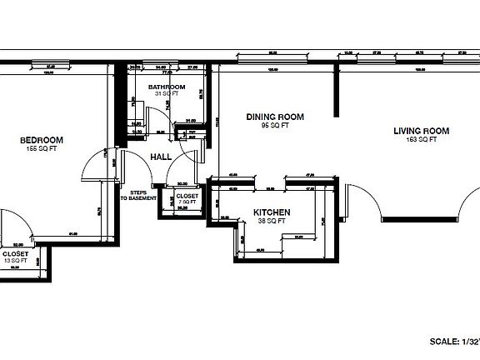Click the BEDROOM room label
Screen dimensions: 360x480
click(x=42, y=140)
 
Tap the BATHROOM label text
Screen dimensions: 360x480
click(x=167, y=87)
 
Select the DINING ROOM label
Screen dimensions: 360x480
click(x=274, y=117)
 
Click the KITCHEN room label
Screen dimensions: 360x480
click(x=271, y=212)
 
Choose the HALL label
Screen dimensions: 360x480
click(x=161, y=156)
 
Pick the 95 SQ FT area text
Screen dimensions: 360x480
click(x=274, y=125)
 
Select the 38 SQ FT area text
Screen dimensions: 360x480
click(x=271, y=221)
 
